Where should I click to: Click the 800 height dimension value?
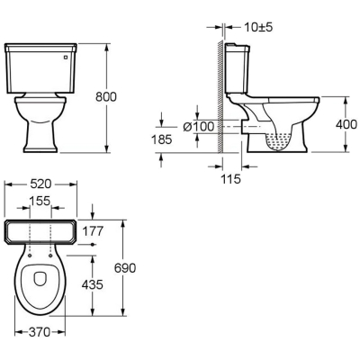(106, 97)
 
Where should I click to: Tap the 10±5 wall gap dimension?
(258, 27)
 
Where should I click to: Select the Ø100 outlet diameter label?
(199, 127)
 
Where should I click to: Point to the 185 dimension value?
(162, 139)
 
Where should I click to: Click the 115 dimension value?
(231, 179)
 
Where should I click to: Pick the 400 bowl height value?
(346, 124)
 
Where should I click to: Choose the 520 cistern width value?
(40, 184)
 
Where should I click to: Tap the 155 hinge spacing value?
(40, 201)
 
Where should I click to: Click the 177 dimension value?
(93, 231)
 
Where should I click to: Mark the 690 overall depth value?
(125, 268)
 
